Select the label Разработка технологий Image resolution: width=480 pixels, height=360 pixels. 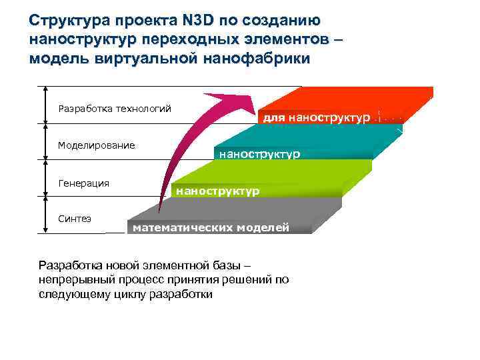click(115, 108)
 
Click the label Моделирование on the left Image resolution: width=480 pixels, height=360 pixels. click(96, 145)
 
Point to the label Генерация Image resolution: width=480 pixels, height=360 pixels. click(83, 183)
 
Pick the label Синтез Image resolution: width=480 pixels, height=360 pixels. click(75, 219)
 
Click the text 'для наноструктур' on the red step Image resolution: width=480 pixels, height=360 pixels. click(317, 118)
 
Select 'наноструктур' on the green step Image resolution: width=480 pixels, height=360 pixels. click(217, 191)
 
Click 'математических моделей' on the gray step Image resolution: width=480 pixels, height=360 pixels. click(211, 228)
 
